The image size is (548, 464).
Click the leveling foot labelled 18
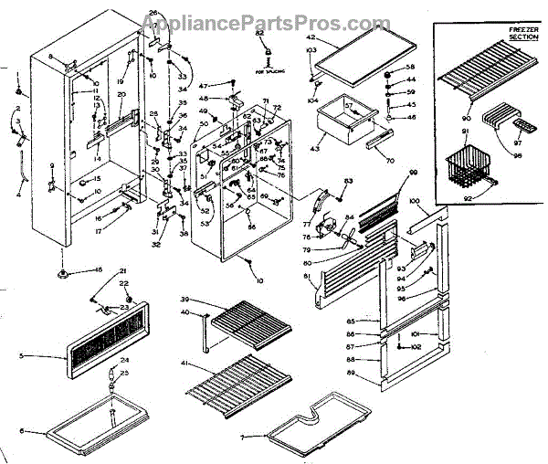point(63,272)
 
